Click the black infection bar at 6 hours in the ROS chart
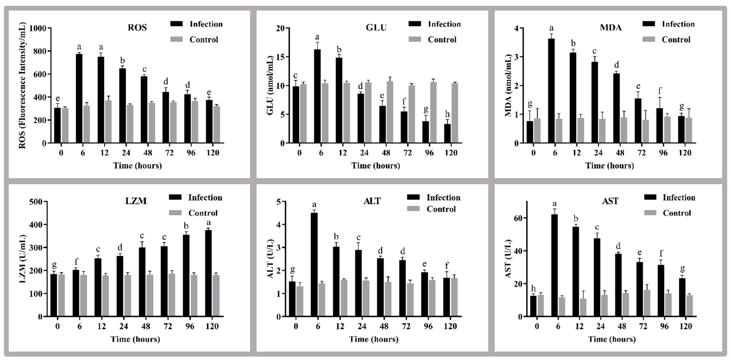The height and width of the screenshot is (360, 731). pyautogui.click(x=79, y=98)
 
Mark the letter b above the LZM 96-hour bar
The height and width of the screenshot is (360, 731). pyautogui.click(x=186, y=226)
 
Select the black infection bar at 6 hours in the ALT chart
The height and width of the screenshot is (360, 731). pyautogui.click(x=314, y=265)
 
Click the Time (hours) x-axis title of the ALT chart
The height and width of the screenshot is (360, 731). pyautogui.click(x=373, y=339)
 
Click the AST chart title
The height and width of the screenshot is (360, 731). pyautogui.click(x=610, y=201)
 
